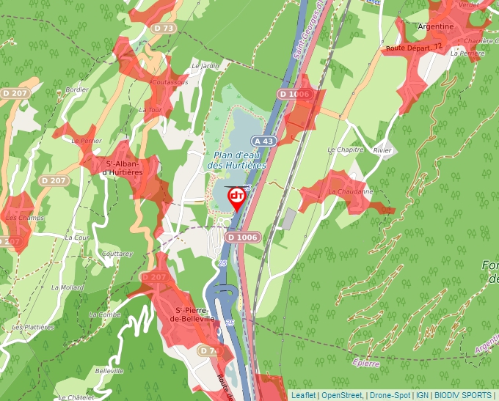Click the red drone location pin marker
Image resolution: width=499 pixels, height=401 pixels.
tap(237, 199)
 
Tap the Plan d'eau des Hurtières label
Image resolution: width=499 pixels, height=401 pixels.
tap(236, 161)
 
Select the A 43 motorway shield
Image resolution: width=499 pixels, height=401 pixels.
tap(263, 140)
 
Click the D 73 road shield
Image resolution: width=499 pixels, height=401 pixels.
tap(164, 28)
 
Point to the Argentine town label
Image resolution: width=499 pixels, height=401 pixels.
tap(435, 26)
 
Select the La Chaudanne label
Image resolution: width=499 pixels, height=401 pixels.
tap(351, 191)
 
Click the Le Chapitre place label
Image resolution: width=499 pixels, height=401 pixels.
tap(346, 150)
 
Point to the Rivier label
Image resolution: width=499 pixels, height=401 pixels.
tap(383, 150)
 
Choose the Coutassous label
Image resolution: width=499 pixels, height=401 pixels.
tap(168, 82)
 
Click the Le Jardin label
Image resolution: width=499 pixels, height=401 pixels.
tap(205, 65)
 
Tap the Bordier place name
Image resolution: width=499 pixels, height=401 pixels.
tap(76, 90)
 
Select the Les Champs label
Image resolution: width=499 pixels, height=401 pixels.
tap(21, 218)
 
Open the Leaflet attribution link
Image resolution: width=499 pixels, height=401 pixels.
tap(303, 395)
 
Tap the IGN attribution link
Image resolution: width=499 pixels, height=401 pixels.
tap(422, 395)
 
